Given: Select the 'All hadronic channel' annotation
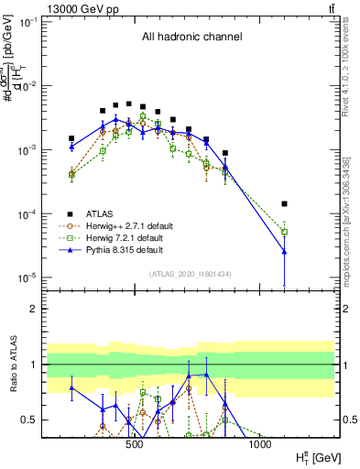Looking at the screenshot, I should [x=191, y=38].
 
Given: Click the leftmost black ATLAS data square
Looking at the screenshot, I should [x=71, y=138].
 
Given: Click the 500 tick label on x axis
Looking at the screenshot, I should [x=134, y=445].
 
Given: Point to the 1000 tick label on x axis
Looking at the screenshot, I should [x=261, y=445].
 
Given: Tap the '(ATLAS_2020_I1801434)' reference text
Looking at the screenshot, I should [x=191, y=275].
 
